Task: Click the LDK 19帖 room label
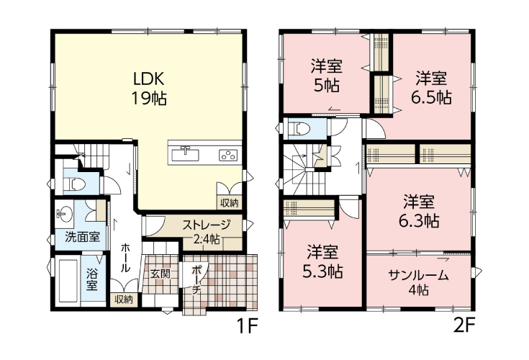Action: pos(149,89)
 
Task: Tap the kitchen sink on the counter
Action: pos(185,155)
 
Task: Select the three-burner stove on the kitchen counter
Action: pos(229,155)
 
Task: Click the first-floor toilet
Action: pos(75,184)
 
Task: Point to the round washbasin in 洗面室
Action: pos(64,215)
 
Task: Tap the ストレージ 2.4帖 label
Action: pos(206,232)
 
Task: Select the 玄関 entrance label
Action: pos(160,274)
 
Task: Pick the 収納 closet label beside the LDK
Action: pos(230,203)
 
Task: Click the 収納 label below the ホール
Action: pos(124,300)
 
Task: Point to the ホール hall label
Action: pos(125,258)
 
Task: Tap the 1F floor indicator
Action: pos(248,326)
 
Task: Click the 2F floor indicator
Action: pos(464,326)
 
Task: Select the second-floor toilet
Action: pos(300,129)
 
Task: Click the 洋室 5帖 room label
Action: pos(327,76)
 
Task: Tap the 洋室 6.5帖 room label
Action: pos(431,88)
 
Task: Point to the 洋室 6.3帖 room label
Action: pos(419,211)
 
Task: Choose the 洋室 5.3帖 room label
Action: pos(322,261)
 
